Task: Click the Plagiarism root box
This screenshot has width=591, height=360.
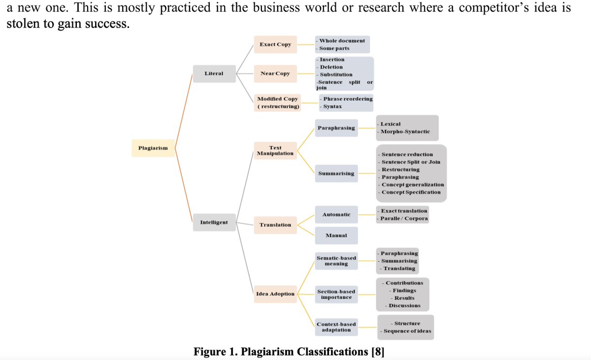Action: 153,148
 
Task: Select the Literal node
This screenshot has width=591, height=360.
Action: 214,73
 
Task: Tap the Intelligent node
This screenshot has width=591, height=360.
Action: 214,222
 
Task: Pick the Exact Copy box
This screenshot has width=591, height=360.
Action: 275,44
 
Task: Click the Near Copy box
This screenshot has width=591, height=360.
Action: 275,73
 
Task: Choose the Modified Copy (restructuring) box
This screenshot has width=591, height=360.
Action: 278,102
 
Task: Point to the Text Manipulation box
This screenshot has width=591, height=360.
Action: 275,151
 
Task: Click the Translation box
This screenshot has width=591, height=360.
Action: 275,225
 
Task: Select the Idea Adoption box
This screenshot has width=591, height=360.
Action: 275,294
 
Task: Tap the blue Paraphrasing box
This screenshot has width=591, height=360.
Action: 336,128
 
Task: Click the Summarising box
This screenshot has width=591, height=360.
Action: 336,173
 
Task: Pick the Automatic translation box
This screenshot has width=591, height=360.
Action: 336,215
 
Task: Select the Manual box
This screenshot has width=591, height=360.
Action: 336,235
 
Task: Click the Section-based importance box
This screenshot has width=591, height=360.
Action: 336,295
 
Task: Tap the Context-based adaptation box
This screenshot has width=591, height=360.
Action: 336,327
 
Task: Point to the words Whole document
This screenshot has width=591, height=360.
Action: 342,41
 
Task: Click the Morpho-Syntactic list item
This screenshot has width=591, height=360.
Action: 405,131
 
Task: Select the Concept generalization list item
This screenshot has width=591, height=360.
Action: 413,185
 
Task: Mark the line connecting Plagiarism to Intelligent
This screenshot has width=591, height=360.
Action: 184,185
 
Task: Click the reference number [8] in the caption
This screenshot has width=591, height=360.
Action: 378,352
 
